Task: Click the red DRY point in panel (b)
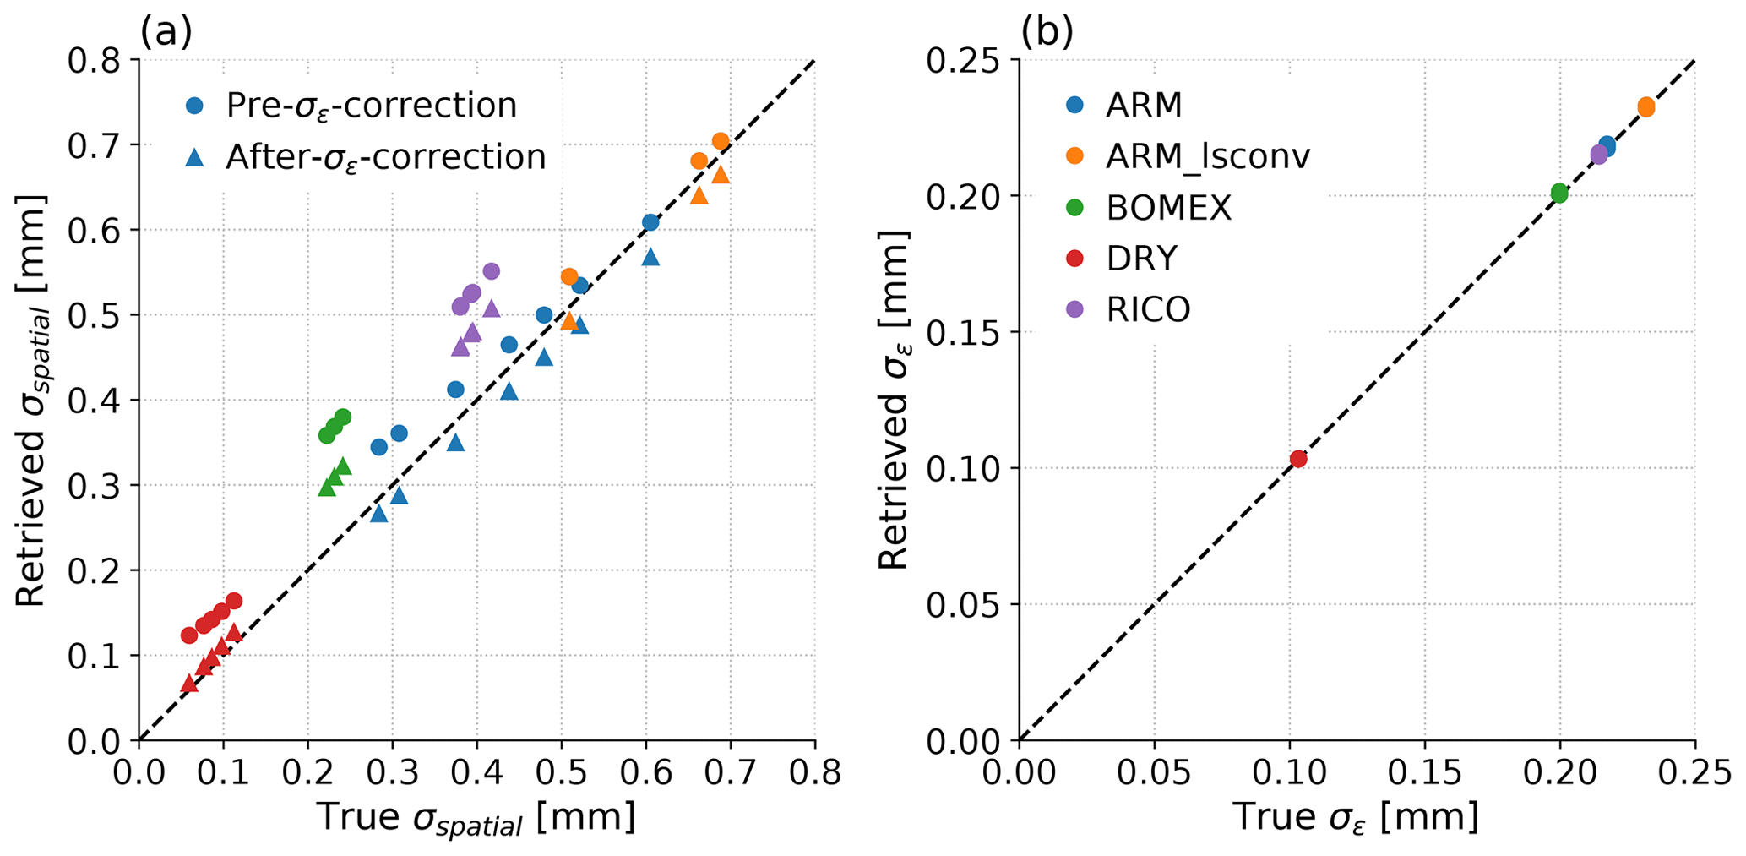click(x=1298, y=459)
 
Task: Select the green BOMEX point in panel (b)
click(x=1559, y=194)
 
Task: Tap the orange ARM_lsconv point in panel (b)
click(x=1645, y=107)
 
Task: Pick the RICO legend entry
click(x=1148, y=309)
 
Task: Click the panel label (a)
click(x=166, y=33)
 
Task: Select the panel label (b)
click(x=1047, y=33)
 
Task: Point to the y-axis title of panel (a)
click(x=31, y=401)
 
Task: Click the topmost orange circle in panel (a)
click(x=721, y=141)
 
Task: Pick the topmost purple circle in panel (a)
click(x=491, y=271)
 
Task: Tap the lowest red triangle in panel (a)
click(x=189, y=683)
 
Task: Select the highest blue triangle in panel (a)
click(x=650, y=257)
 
